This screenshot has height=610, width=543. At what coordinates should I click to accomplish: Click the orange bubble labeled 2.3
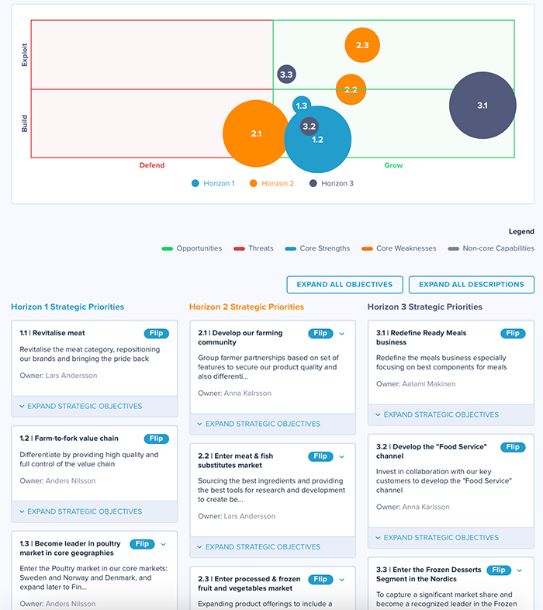tap(362, 45)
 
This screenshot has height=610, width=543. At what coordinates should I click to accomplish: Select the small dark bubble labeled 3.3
tap(286, 75)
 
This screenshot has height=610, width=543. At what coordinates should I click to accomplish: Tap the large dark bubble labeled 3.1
tap(482, 106)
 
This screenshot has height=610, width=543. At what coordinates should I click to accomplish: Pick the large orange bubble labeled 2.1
tap(256, 133)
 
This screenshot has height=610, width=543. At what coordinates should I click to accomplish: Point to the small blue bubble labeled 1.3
tap(302, 106)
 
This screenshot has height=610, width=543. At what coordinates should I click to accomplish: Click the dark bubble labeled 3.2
tap(309, 126)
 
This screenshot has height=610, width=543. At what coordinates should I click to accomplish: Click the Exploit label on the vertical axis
tap(25, 54)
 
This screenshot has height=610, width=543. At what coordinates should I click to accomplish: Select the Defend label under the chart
tap(152, 165)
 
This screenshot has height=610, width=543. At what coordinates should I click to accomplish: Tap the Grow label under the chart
tap(393, 165)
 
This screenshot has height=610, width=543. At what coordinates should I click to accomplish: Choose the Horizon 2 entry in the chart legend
tap(271, 183)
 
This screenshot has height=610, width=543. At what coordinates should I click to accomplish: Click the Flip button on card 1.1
tap(157, 333)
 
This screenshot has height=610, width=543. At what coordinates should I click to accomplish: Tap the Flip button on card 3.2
tap(513, 447)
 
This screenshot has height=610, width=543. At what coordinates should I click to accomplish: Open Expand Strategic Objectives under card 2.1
tap(258, 424)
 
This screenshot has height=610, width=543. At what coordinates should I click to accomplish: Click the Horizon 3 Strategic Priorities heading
tap(424, 307)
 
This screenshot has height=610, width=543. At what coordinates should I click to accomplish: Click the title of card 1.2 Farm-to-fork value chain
tap(69, 438)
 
